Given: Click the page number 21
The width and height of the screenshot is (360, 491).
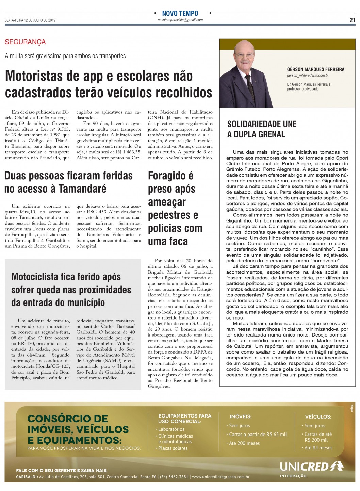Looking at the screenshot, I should tap(352, 20).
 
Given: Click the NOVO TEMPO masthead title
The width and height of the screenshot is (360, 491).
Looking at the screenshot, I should tap(180, 13).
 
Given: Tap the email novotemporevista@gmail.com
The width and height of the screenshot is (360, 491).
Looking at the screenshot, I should tap(180, 20).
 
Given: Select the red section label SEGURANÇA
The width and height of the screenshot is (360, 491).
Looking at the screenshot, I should tap(25, 42).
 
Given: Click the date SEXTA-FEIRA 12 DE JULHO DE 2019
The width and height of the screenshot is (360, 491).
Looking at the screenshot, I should tap(30, 20).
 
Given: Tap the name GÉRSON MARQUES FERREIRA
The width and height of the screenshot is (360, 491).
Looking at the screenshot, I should tap(315, 69).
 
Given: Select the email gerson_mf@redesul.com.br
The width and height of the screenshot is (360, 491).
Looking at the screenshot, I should tap(308, 76).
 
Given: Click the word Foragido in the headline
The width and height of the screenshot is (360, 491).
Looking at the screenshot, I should tap(170, 176).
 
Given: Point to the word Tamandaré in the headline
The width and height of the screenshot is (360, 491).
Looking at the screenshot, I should tap(82, 189).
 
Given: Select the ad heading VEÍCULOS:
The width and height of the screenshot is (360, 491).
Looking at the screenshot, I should tap(318, 416).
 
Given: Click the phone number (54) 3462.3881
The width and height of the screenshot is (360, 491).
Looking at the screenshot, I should tap(173, 477).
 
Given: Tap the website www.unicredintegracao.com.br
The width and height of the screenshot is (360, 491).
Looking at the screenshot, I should tap(220, 477).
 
